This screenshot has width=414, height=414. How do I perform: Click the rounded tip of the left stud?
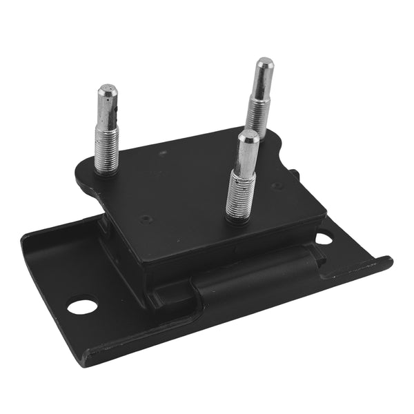[106, 90]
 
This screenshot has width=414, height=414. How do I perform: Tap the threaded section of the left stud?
[106, 152]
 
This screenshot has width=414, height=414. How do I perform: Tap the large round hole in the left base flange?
[81, 304]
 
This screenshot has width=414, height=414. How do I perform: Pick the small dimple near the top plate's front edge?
[146, 219]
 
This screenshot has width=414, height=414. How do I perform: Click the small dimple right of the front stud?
[276, 186]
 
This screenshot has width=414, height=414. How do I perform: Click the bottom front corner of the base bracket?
[86, 359]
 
